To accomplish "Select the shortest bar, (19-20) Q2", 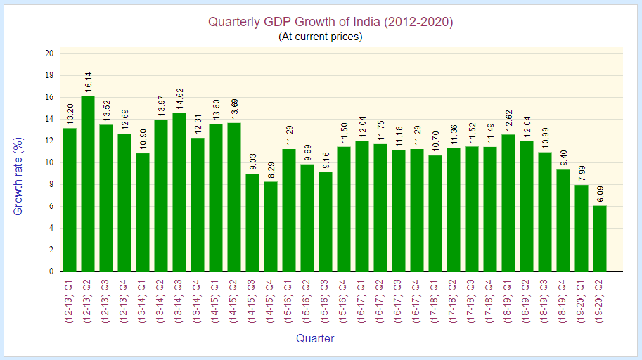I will click(x=600, y=239).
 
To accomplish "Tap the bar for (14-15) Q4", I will click(x=271, y=226).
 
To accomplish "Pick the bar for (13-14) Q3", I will click(x=179, y=192).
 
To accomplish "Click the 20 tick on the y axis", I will click(x=49, y=53).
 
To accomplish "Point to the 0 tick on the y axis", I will click(x=51, y=271).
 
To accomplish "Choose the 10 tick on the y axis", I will click(x=49, y=162).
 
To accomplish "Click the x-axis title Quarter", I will click(x=315, y=338).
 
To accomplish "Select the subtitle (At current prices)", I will click(x=321, y=37).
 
